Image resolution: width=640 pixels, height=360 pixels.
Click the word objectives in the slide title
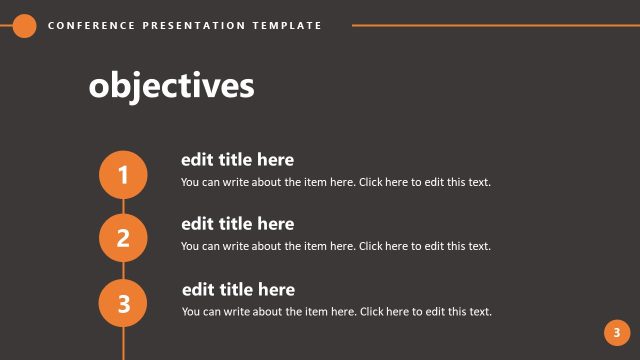coord(171,86)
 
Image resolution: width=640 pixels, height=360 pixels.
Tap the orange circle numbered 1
coord(123,176)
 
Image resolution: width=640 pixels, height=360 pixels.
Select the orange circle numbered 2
coord(123,238)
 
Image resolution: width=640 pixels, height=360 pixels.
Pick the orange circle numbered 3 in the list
coord(123,304)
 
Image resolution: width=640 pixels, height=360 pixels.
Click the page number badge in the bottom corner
coord(617,333)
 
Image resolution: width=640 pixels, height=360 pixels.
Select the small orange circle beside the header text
coord(25,26)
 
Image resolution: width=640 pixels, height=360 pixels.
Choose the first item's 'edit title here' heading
coord(237,160)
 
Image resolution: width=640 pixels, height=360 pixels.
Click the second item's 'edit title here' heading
coord(237,224)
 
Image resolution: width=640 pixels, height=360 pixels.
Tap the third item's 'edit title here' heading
coord(238,290)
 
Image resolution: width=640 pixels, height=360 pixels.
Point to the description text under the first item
coord(336,182)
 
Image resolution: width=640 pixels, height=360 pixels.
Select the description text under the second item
coord(336,246)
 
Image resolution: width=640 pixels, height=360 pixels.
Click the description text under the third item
coord(336,312)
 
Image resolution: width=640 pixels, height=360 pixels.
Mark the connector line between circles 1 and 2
coord(123,207)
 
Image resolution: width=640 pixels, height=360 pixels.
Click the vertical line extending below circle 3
coord(123,343)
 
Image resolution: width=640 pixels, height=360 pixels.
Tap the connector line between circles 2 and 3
coord(123,271)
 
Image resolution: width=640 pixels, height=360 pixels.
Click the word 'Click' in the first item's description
coord(372,182)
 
